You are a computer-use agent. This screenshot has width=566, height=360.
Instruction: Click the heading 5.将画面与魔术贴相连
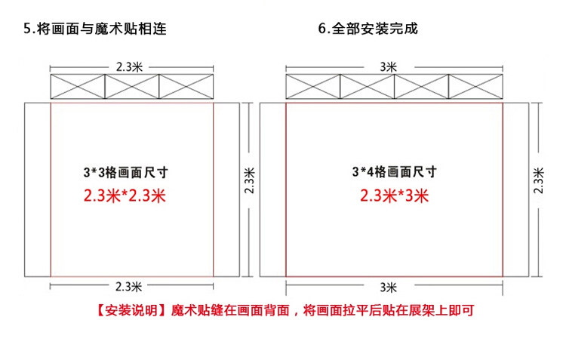[x=94, y=29]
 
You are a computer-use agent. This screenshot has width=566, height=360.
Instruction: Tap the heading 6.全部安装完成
[x=368, y=29]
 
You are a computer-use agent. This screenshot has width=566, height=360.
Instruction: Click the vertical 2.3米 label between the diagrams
[x=250, y=180]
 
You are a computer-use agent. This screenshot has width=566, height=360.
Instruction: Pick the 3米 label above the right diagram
[x=389, y=66]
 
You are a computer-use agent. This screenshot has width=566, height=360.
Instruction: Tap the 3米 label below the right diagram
[x=389, y=286]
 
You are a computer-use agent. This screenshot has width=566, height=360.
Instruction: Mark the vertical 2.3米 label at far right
[x=539, y=180]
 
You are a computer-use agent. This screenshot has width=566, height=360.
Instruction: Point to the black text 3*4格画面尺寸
[x=394, y=172]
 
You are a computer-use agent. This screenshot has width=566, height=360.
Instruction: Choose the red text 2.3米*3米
[x=394, y=197]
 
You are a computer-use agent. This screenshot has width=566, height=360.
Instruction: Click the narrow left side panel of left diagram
[x=37, y=189]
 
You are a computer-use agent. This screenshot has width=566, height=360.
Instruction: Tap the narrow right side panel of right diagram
[x=517, y=189]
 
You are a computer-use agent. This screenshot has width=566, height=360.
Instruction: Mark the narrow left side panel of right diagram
[x=272, y=189]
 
